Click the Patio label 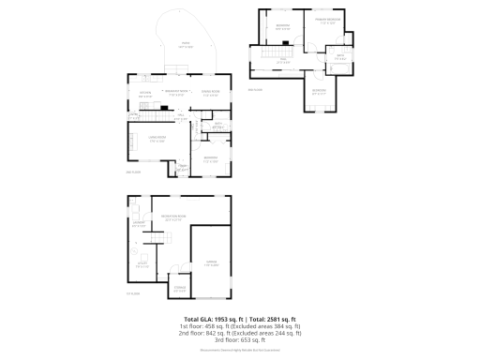pos(185,44)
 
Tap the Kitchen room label pos(145,94)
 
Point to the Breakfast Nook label pos(175,93)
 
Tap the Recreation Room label pos(172,217)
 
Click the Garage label pos(212,264)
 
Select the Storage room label pos(179,289)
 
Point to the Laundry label pos(138,224)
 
